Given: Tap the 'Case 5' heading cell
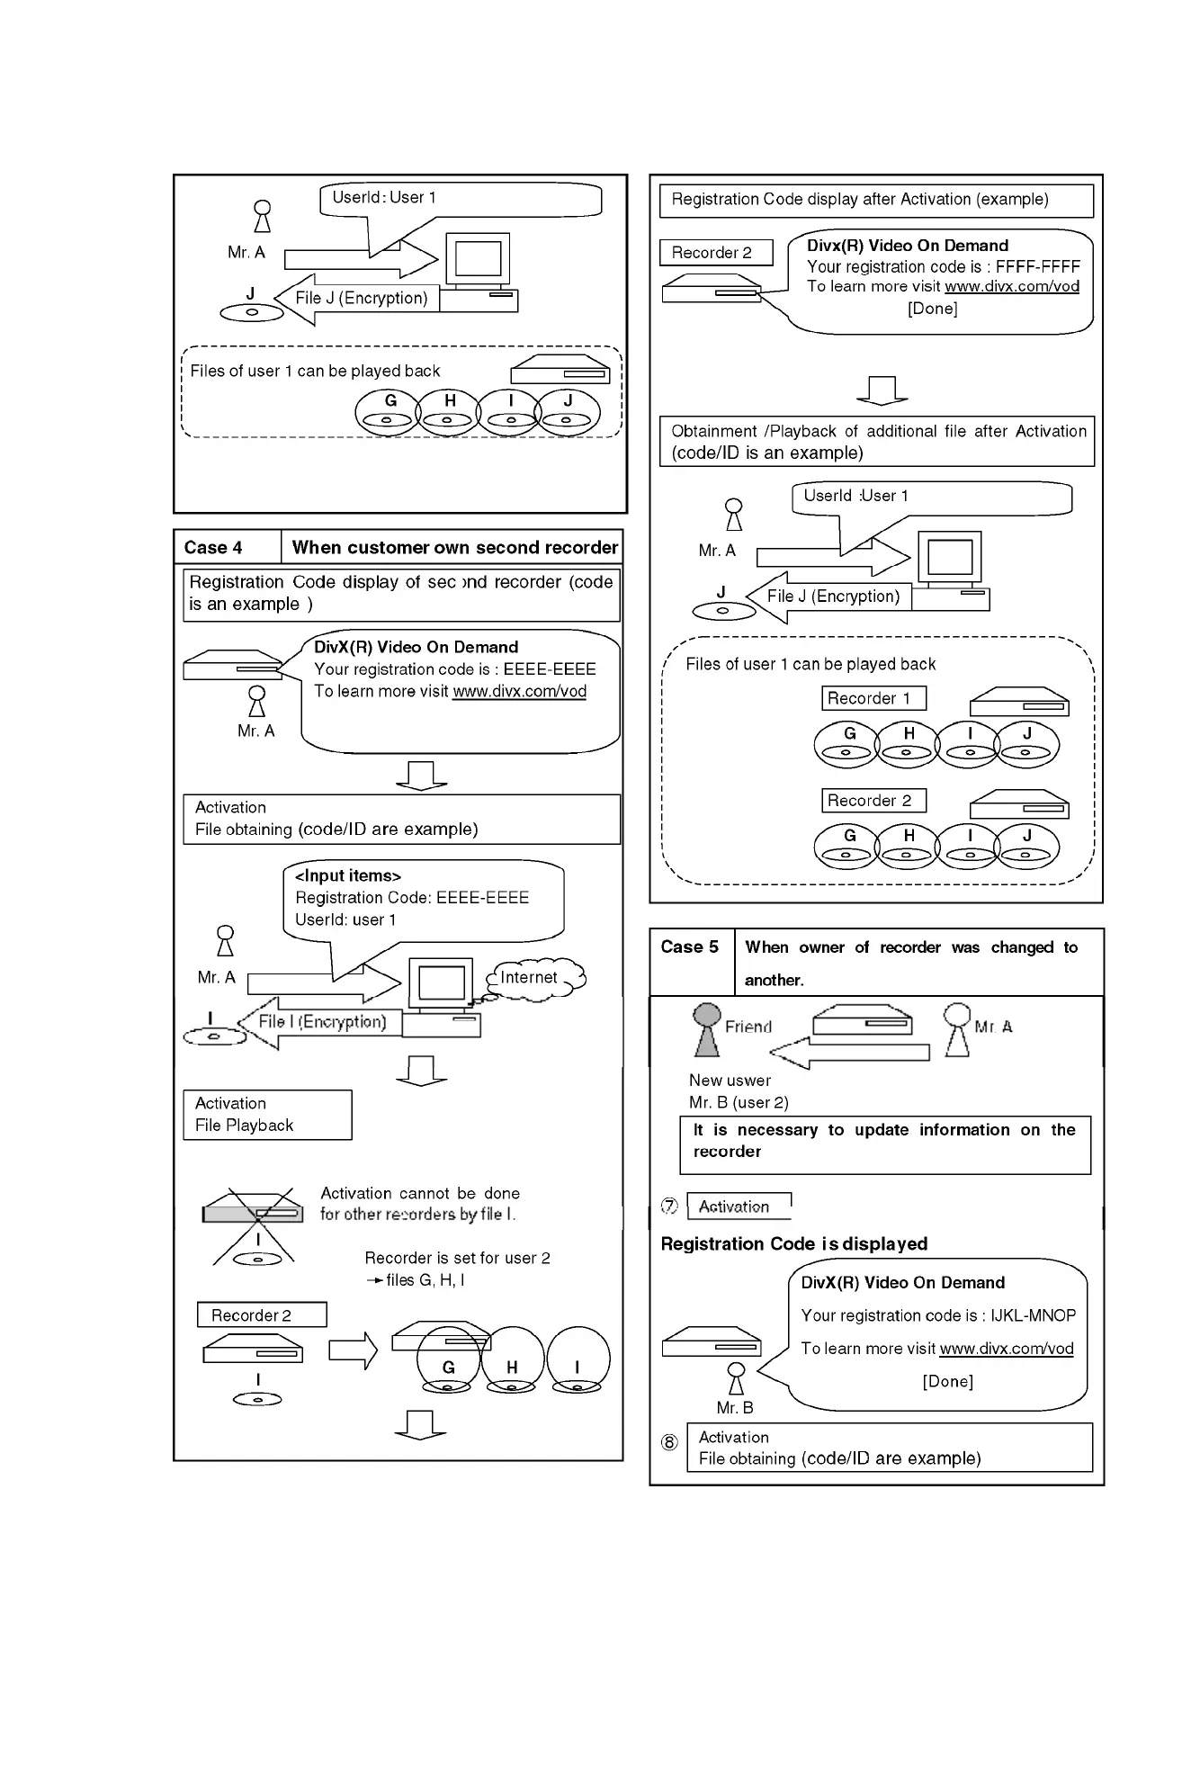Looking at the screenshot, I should tap(690, 947).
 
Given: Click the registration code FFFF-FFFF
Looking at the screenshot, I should tap(1037, 266).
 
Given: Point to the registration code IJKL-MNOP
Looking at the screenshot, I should tap(1033, 1315).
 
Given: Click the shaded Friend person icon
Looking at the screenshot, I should tap(708, 1029).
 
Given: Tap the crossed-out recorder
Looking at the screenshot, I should tap(254, 1214).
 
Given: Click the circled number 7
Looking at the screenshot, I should tap(670, 1206).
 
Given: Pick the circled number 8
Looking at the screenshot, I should tap(670, 1442).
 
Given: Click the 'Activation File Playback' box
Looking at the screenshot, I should tap(267, 1115).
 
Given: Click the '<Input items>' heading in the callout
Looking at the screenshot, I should tap(348, 875).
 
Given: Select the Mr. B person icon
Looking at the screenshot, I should tap(737, 1377).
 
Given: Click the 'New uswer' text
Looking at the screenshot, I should tap(730, 1081).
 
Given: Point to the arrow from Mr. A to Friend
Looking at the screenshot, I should tap(850, 1053).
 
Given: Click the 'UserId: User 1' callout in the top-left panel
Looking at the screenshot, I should tap(461, 199).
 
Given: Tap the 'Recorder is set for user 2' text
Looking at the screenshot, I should tap(457, 1258).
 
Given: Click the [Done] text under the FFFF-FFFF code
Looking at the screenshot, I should tap(932, 309).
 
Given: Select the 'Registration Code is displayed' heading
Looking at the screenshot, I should tap(794, 1244).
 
